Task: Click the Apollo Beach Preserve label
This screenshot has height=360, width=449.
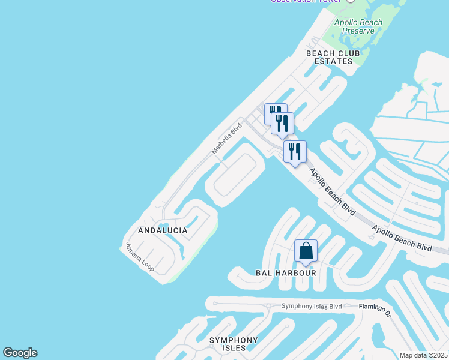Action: [358, 28]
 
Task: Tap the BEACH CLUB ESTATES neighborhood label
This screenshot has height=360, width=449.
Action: [333, 57]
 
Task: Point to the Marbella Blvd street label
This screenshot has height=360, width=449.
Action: [226, 139]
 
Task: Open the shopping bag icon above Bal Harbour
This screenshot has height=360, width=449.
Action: [306, 251]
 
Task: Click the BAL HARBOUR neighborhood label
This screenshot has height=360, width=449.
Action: [286, 273]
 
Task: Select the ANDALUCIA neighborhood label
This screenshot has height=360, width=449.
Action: [163, 230]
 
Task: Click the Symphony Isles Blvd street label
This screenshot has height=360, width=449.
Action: [312, 307]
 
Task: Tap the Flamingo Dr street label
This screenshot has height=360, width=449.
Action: [375, 307]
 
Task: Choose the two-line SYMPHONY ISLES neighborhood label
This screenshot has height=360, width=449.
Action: [234, 344]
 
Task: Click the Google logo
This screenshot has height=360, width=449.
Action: [20, 353]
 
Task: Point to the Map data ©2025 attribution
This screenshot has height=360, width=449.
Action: [423, 355]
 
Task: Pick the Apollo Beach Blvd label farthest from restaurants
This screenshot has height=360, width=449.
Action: [402, 238]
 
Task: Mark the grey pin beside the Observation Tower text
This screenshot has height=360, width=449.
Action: [351, 1]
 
